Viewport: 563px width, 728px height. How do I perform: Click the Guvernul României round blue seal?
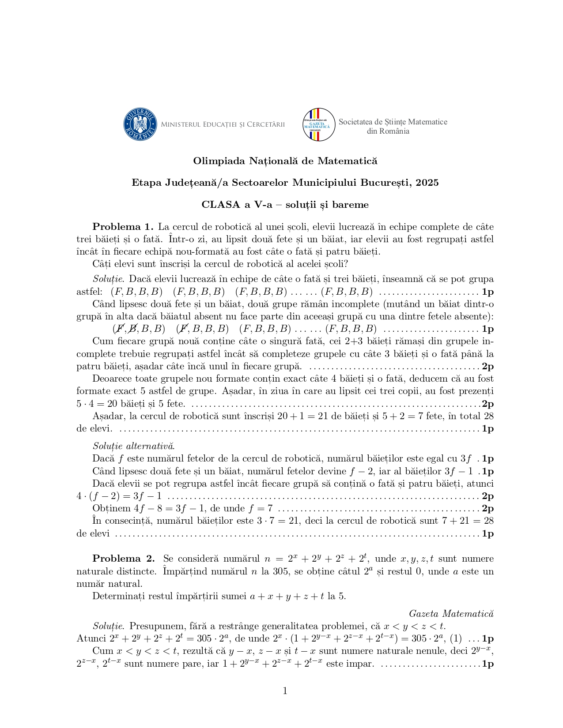[140, 124]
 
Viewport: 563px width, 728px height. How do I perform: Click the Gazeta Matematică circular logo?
[318, 125]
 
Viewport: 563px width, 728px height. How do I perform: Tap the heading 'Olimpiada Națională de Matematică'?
[285, 161]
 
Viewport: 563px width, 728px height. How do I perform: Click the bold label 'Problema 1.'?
[122, 227]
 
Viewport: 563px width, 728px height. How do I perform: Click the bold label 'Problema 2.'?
[123, 559]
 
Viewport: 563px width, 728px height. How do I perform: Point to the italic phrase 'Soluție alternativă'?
[133, 446]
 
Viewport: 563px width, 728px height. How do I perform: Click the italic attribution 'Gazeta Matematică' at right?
[451, 613]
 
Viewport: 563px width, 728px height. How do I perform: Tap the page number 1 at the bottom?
[285, 690]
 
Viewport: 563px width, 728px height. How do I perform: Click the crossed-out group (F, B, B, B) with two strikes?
[139, 329]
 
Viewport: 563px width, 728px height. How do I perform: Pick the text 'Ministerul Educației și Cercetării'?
[223, 124]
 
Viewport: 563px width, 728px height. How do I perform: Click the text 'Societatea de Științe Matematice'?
[393, 122]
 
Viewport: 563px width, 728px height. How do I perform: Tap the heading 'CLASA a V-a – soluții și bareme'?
[285, 205]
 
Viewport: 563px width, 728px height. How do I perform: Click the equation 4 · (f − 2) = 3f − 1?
[119, 496]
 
